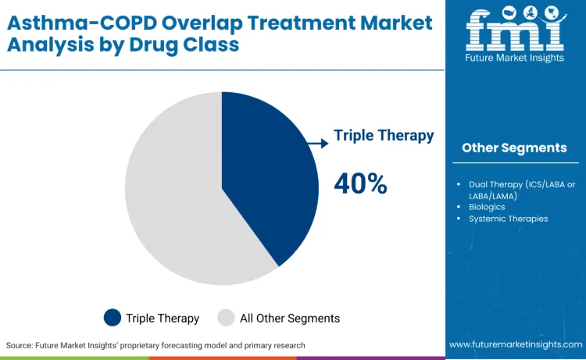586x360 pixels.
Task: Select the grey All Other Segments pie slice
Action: (x=172, y=203)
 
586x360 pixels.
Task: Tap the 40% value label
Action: (x=360, y=184)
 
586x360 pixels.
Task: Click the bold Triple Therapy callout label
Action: (x=384, y=135)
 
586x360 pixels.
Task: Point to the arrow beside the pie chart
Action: (x=318, y=143)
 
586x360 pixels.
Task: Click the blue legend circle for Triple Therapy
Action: (x=113, y=318)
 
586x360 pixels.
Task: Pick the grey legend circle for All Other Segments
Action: (x=226, y=318)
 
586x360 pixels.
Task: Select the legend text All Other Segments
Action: (x=289, y=318)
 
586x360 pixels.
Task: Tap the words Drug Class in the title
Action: (x=192, y=45)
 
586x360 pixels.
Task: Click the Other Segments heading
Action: (x=514, y=148)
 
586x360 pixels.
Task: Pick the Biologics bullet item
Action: (x=487, y=207)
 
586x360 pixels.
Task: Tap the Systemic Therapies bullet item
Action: (x=508, y=219)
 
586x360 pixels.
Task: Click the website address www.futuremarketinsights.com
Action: (x=515, y=344)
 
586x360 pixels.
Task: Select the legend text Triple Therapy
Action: (x=163, y=318)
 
